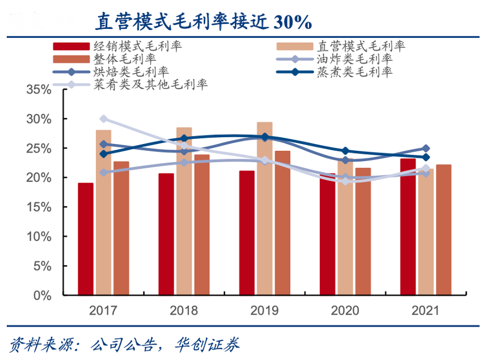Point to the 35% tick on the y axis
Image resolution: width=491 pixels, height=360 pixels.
click(x=39, y=90)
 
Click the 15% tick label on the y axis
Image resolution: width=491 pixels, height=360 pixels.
click(x=39, y=207)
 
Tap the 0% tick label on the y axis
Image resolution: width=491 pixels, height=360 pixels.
click(x=43, y=295)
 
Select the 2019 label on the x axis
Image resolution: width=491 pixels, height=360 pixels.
click(x=264, y=311)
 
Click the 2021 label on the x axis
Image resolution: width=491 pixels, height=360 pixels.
click(x=425, y=311)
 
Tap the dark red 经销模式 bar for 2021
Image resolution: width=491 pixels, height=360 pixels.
click(x=408, y=227)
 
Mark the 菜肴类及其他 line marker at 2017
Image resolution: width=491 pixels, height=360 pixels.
click(x=104, y=119)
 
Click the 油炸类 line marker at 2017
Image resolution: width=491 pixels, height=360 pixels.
click(x=104, y=172)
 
